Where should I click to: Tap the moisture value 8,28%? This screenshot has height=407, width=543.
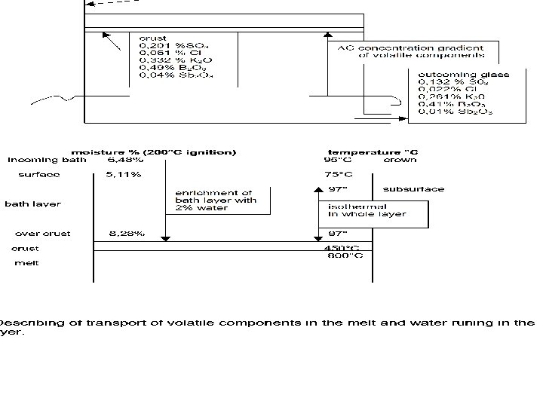(124, 234)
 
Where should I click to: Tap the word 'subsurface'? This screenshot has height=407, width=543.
(413, 189)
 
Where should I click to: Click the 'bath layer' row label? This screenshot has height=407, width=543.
(33, 203)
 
